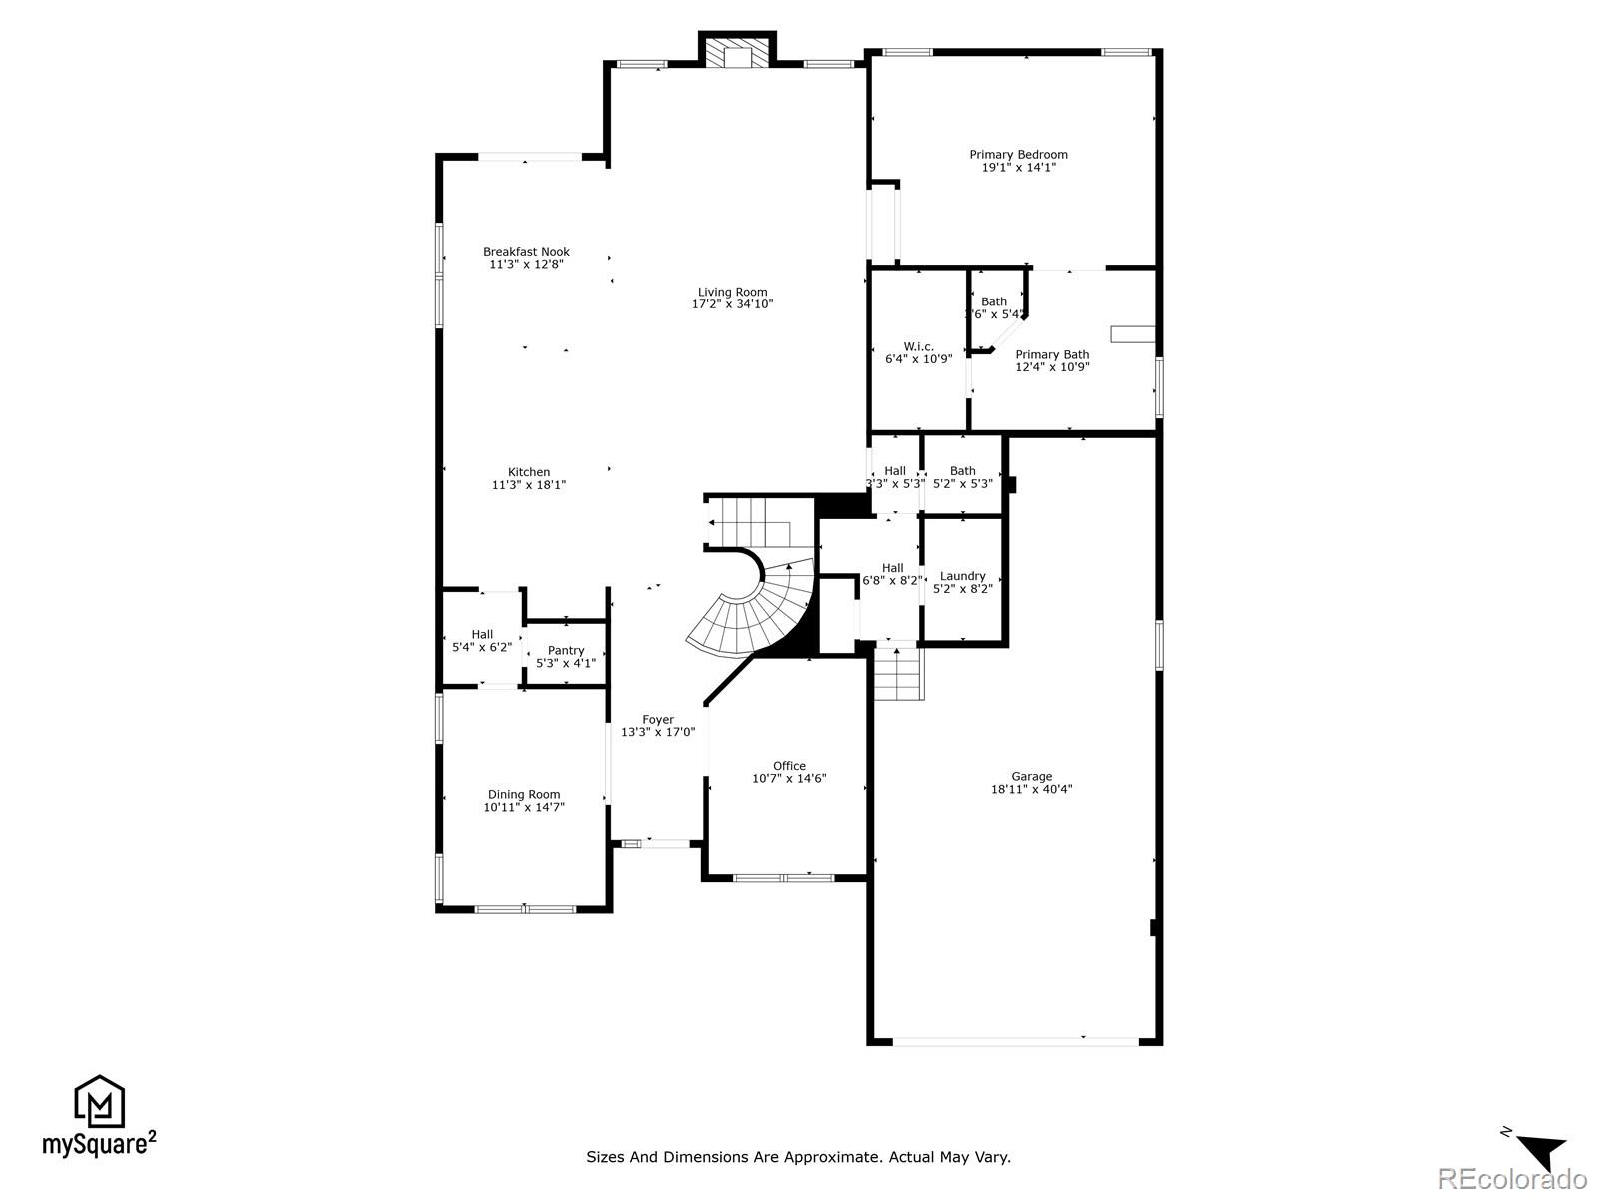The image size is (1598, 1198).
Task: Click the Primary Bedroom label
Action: (1018, 154)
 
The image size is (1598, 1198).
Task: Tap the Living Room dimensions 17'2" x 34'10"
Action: (732, 304)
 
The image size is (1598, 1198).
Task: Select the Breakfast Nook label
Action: (526, 252)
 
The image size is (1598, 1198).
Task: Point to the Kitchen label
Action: (528, 472)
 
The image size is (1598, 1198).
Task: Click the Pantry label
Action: (565, 650)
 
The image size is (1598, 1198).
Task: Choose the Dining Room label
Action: (523, 795)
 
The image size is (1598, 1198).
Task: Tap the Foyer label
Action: (657, 719)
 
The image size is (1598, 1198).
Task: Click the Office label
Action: (788, 766)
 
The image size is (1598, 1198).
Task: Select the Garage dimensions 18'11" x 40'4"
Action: (1031, 789)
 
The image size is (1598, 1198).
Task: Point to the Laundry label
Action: (962, 576)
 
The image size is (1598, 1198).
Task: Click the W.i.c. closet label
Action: (918, 346)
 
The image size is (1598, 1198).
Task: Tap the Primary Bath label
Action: (1052, 354)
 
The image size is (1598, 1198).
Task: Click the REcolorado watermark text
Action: (1514, 1179)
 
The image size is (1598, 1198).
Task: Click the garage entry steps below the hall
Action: (898, 673)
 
